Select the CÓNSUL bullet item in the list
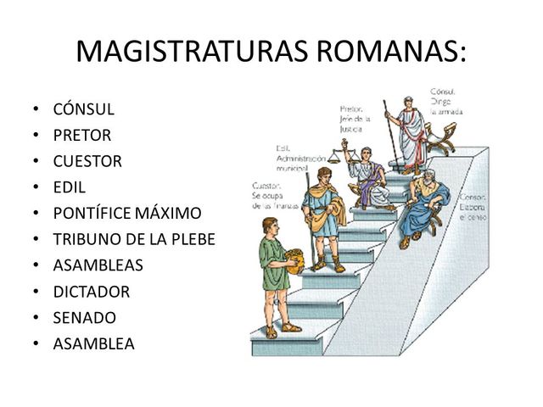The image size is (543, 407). point(83,109)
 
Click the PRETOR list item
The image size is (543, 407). point(82,135)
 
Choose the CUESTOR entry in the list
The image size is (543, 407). point(87,161)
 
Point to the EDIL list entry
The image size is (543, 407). point(70,187)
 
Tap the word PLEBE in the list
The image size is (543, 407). point(192,239)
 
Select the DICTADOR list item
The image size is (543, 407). point(92,292)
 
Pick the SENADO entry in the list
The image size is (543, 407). point(84,318)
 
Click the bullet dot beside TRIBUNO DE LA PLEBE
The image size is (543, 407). point(34,240)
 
